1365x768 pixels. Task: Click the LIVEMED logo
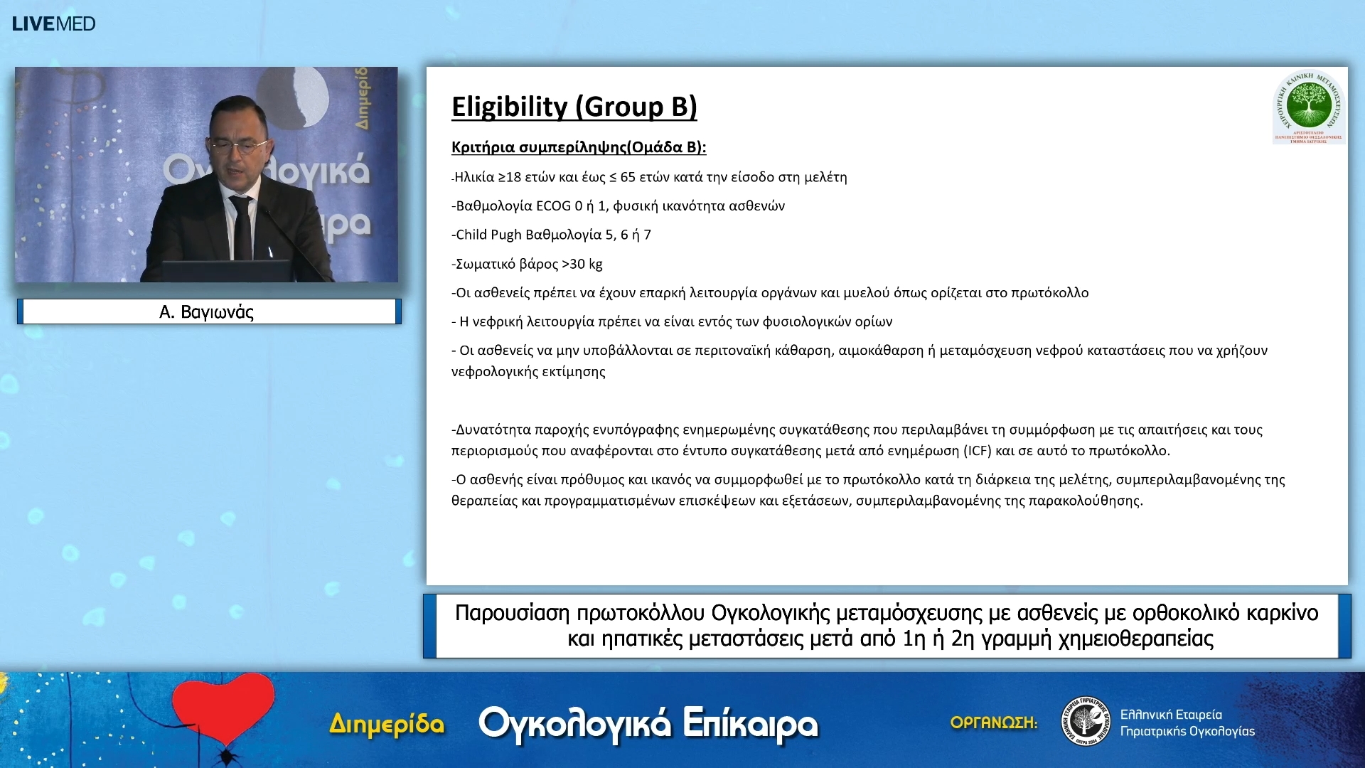click(x=53, y=23)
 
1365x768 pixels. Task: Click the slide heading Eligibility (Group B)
click(x=574, y=107)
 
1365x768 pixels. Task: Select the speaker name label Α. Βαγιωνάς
click(x=207, y=312)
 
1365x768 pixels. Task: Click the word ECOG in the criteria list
click(x=553, y=206)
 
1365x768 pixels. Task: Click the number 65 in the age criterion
click(x=628, y=177)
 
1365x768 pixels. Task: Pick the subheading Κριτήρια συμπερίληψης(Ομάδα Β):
click(x=579, y=147)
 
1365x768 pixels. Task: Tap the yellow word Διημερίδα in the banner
click(x=387, y=725)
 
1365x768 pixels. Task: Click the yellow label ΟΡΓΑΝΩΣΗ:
click(x=993, y=722)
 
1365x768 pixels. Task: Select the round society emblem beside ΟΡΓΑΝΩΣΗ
click(x=1085, y=721)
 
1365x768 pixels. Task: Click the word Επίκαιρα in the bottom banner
click(x=750, y=724)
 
